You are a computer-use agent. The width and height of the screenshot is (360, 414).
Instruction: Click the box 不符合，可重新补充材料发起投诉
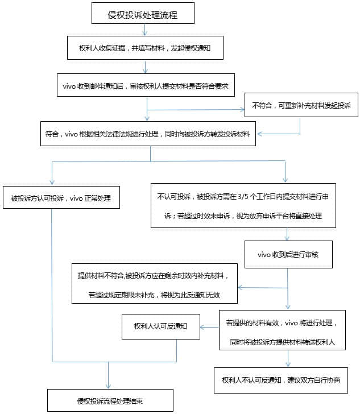point(301,105)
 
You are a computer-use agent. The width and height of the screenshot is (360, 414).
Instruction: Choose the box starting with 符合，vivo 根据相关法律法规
point(148,134)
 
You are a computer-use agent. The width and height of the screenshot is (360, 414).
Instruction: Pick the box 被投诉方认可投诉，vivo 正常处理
point(61,198)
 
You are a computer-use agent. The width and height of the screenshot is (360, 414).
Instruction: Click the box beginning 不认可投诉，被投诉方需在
point(243,205)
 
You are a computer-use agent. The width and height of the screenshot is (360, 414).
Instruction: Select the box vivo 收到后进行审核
point(288,254)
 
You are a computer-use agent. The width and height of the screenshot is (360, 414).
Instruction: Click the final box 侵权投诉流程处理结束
point(110,400)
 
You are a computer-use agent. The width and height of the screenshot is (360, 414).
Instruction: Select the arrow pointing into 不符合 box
point(239,109)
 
